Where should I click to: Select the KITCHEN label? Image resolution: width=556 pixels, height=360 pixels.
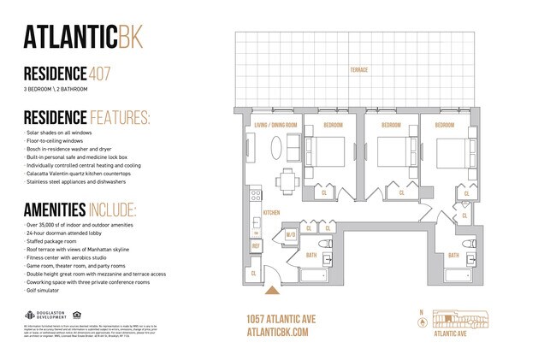[x=271, y=212]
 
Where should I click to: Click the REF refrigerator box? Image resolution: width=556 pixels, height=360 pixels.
[x=255, y=246]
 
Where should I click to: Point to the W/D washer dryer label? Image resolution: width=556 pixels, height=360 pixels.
[x=290, y=235]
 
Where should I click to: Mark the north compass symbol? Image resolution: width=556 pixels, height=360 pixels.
[x=421, y=322]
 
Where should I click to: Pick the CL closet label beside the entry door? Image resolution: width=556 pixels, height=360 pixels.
[x=255, y=273]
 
